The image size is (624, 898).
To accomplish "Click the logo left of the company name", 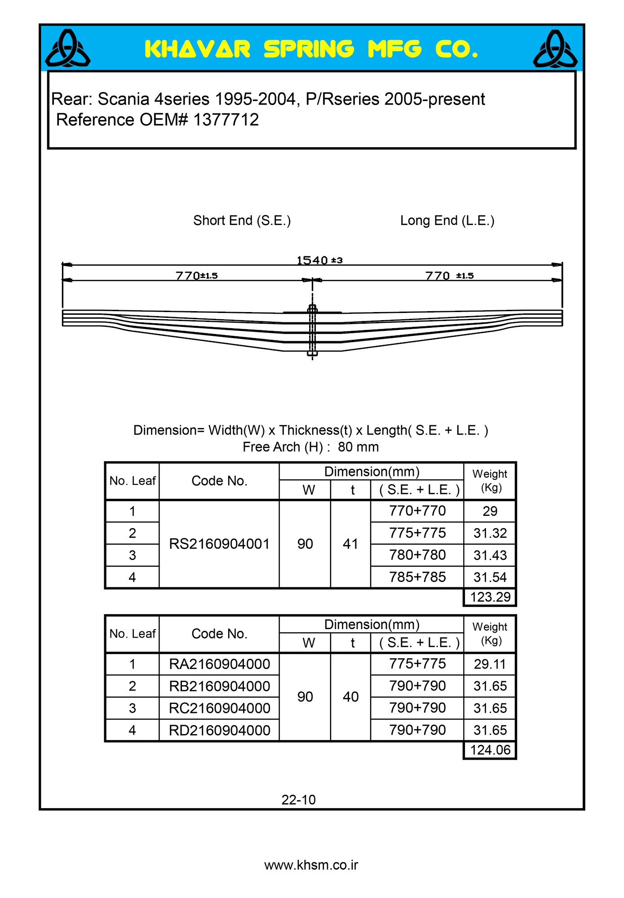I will click(68, 48).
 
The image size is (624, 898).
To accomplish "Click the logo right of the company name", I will click(555, 48).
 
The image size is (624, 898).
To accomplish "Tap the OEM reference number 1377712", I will click(226, 120).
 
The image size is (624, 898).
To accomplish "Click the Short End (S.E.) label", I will click(242, 220).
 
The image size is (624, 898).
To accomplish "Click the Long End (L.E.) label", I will click(447, 220).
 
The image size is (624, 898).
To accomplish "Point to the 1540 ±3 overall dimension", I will click(319, 260).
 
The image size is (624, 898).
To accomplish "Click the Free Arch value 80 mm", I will click(358, 447).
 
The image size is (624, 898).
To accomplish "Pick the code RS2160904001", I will click(219, 544).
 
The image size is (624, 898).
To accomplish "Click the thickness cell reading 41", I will click(350, 544).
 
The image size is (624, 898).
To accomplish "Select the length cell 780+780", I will click(417, 555).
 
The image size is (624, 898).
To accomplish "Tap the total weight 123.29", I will click(490, 597).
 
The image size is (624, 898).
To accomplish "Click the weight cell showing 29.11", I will click(490, 664).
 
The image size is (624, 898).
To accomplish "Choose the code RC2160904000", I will click(219, 708).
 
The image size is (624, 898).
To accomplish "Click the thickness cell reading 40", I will click(350, 697).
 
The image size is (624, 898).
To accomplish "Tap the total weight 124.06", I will click(490, 750).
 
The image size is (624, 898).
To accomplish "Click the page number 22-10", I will click(298, 800).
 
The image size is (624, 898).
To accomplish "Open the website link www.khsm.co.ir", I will click(311, 865).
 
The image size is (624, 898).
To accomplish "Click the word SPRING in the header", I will click(309, 49).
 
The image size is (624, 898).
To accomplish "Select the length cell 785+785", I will click(417, 577).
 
